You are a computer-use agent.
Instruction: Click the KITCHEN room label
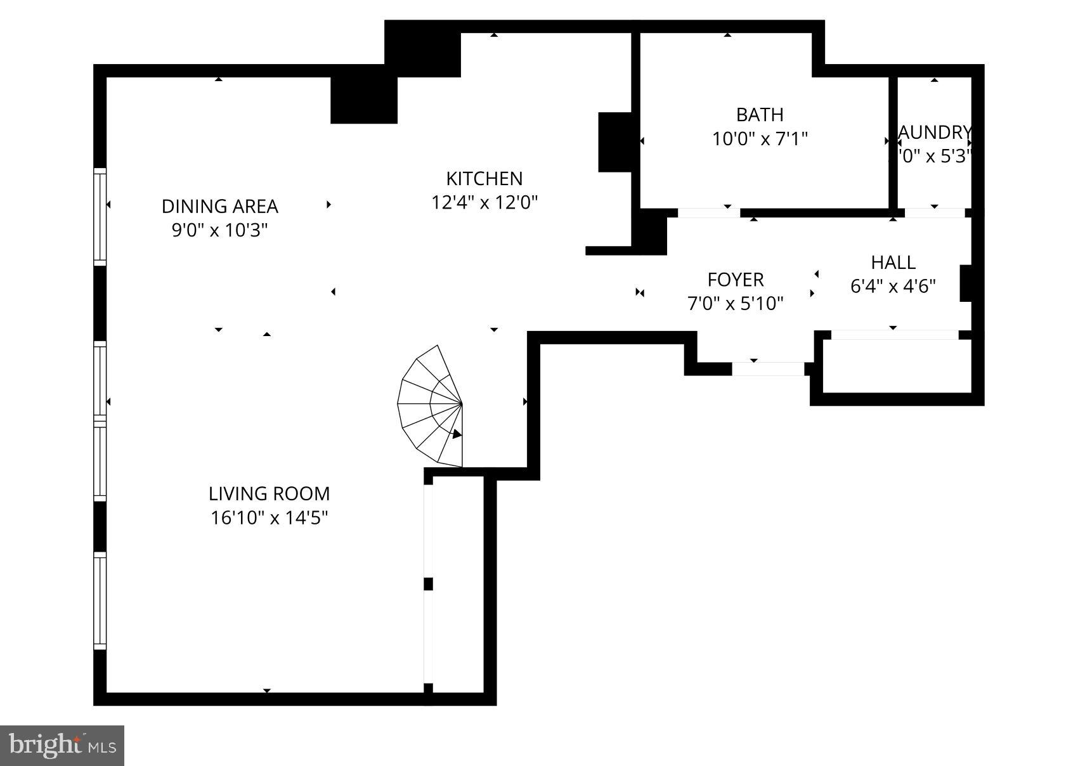tap(484, 178)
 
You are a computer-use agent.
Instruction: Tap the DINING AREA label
tap(219, 206)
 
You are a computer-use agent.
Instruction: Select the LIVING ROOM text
tap(269, 493)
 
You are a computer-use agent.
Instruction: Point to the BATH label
tap(759, 115)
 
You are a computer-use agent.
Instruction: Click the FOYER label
tap(735, 280)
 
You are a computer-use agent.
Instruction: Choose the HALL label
tap(892, 263)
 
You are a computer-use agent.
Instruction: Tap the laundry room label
tap(934, 133)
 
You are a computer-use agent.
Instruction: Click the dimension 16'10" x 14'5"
tap(269, 518)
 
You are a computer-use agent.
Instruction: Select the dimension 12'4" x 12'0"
tap(484, 203)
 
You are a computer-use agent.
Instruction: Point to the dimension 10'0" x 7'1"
tap(759, 139)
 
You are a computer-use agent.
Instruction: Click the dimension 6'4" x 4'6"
tap(892, 287)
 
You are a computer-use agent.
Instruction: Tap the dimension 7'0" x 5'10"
tap(735, 304)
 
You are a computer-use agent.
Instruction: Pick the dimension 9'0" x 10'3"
tap(219, 230)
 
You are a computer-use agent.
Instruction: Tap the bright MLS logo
tap(62, 745)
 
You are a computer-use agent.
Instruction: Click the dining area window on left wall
tap(100, 216)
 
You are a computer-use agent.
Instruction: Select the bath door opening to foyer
tap(709, 212)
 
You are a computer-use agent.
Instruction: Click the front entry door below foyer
tap(768, 368)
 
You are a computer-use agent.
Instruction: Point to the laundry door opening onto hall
tap(934, 212)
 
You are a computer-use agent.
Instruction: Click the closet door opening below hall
tap(893, 334)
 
